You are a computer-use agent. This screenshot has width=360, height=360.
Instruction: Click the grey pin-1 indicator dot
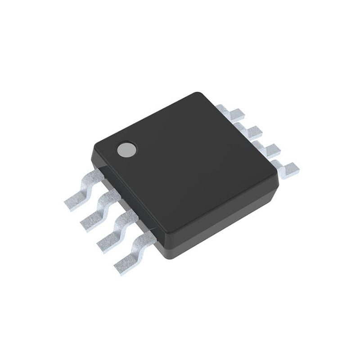point(126,150)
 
